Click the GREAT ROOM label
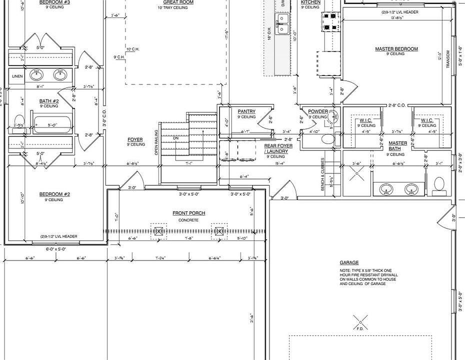tap(178, 2)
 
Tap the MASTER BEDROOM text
tap(396, 49)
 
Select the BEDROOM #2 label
tap(55, 194)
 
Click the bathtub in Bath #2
tap(52, 124)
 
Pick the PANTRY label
tap(246, 111)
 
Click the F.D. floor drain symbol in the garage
tap(359, 320)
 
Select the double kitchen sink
tap(282, 24)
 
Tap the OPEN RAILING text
tap(156, 142)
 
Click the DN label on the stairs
tap(175, 138)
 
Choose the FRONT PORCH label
tap(189, 213)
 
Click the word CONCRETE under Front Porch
tap(189, 220)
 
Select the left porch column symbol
tap(159, 231)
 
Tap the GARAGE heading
tap(349, 262)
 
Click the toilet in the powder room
tap(327, 138)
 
